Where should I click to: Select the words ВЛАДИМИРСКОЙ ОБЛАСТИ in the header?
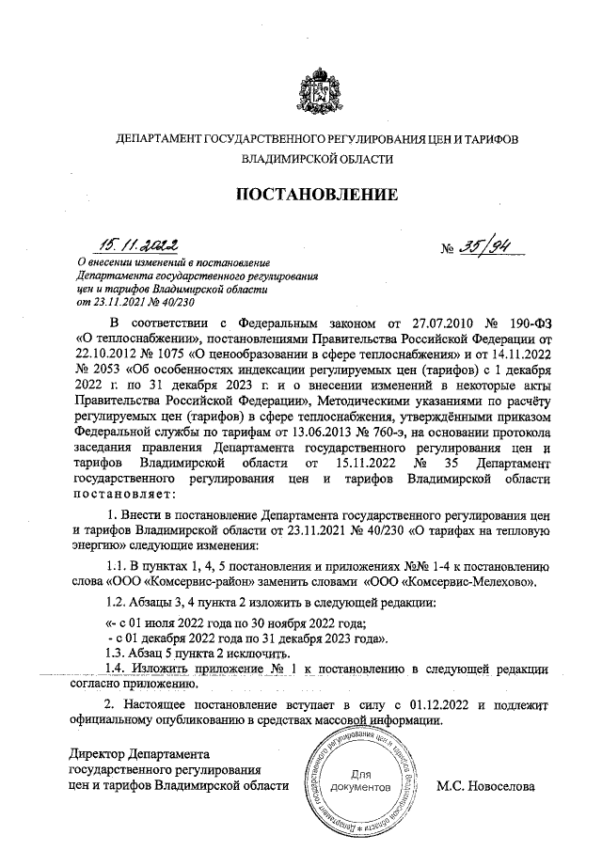point(316,160)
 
